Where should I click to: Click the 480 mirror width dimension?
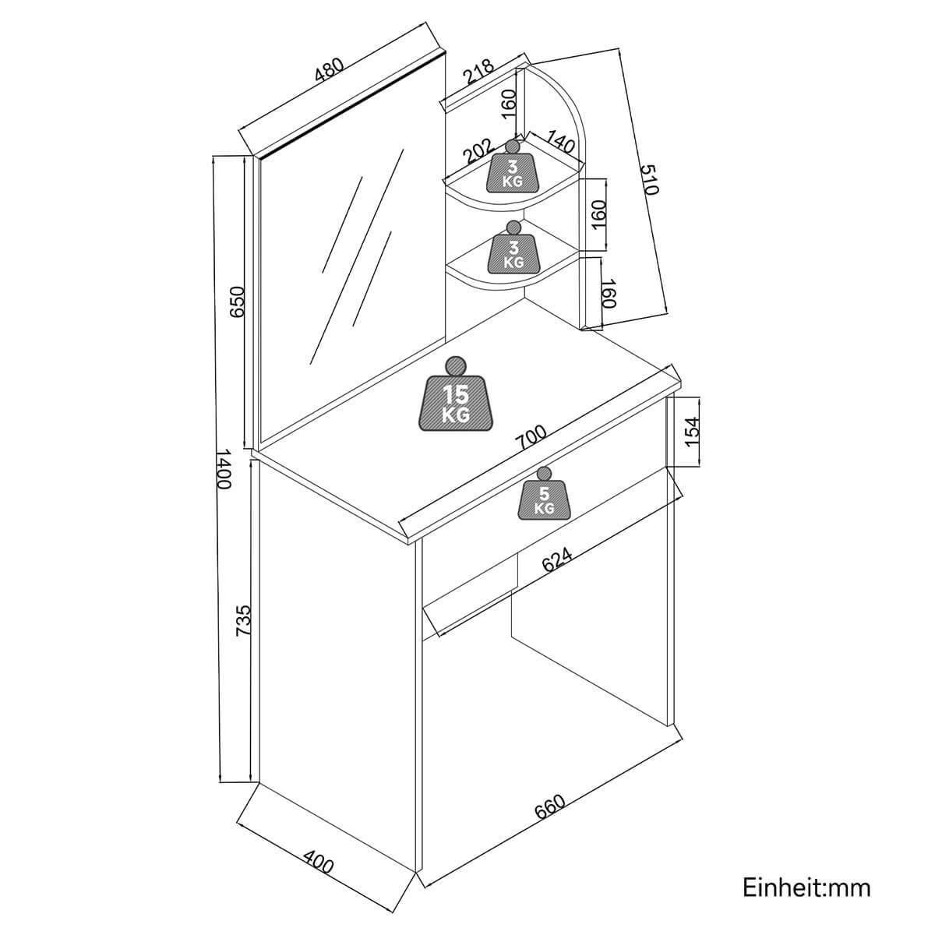[329, 70]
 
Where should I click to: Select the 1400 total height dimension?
[224, 468]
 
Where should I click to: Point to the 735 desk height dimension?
[243, 622]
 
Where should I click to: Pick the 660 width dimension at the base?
[550, 808]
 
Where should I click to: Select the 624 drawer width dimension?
[557, 560]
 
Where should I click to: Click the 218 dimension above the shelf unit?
[479, 72]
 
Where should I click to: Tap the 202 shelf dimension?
[478, 150]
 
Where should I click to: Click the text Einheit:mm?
[806, 887]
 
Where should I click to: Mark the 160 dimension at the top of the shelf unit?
[509, 101]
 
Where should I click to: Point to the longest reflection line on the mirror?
[356, 257]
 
